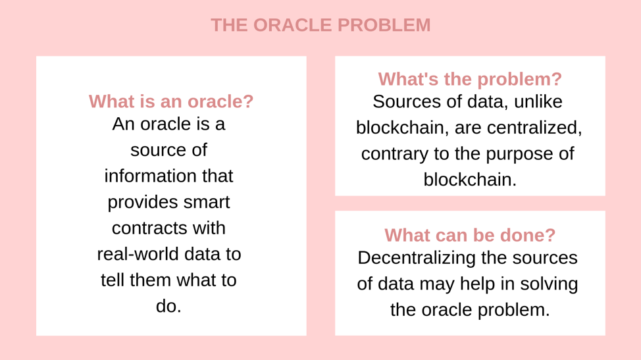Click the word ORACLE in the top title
[x=293, y=25]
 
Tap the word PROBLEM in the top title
[x=384, y=25]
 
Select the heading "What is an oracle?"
[x=171, y=101]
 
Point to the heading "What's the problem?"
[x=470, y=79]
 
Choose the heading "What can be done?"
[x=470, y=235]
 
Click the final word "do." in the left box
[x=168, y=306]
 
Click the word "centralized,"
[x=534, y=128]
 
